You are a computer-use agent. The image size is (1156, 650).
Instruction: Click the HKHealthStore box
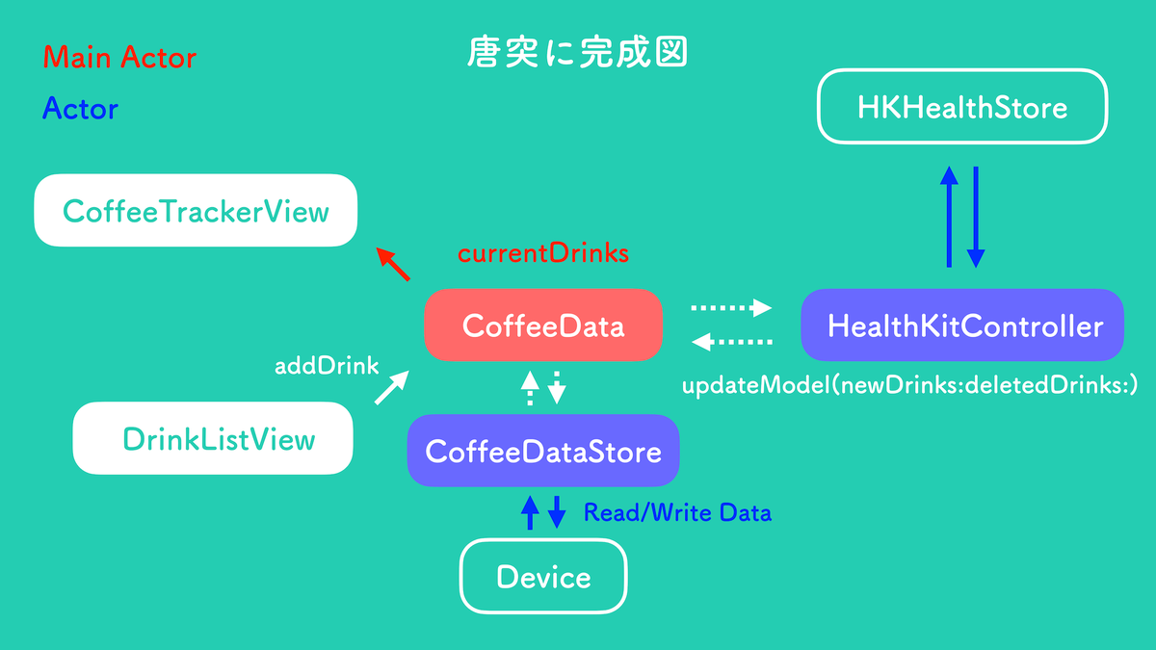[x=962, y=106]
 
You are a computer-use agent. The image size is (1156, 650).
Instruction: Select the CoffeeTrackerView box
[x=196, y=210]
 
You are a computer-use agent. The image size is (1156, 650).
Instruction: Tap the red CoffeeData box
[x=543, y=325]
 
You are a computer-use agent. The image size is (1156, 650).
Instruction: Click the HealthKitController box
[x=963, y=325]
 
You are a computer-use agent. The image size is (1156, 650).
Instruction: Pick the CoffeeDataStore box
[x=543, y=451]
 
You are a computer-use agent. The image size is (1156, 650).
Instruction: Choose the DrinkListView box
[x=214, y=439]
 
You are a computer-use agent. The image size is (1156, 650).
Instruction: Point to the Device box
[x=543, y=577]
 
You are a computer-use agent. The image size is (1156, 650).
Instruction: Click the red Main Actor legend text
[x=119, y=58]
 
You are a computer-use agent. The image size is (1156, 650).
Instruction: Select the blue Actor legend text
[x=80, y=109]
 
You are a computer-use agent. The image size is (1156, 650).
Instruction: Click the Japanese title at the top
[x=576, y=53]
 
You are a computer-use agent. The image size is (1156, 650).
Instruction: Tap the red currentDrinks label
[x=542, y=253]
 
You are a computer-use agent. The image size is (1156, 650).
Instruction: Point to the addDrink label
[x=327, y=366]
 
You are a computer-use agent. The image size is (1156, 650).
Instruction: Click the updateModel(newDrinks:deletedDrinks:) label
[x=910, y=386]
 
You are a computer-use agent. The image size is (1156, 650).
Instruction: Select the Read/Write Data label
[x=677, y=512]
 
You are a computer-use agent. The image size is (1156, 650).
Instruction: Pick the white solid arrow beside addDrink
[x=390, y=388]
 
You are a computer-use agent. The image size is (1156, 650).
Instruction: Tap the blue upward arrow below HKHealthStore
[x=950, y=216]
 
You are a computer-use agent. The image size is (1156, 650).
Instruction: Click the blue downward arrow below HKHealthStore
[x=976, y=216]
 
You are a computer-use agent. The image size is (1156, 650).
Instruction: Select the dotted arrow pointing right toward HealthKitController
[x=732, y=308]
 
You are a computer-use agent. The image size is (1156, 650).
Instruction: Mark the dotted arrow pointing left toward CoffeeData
[x=734, y=342]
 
